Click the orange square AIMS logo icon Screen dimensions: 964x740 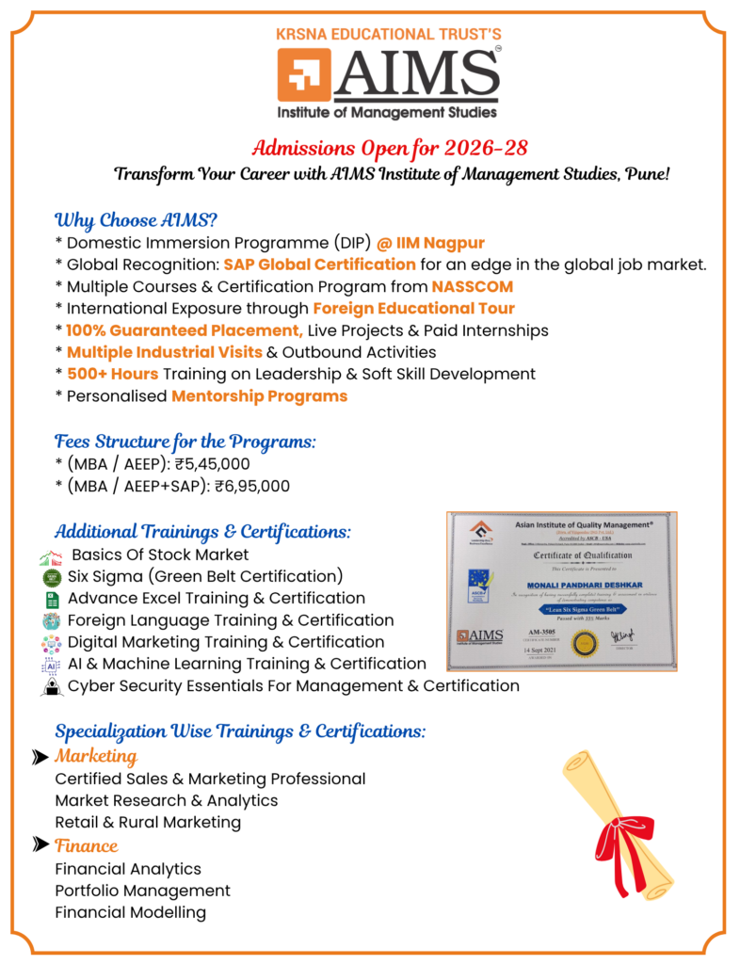(304, 76)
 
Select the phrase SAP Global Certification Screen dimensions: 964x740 (319, 265)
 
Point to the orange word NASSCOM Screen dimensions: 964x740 (473, 287)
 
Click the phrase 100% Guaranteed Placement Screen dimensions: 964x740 (185, 330)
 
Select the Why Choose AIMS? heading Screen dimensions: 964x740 (137, 221)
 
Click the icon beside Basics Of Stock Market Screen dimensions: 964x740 (51, 555)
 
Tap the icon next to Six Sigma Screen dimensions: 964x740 (51, 577)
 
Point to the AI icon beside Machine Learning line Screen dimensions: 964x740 (51, 666)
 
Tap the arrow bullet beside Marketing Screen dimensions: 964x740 (40, 757)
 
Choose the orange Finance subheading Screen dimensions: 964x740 (87, 845)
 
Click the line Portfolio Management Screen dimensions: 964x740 (142, 891)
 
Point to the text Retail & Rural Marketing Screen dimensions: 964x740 (148, 823)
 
